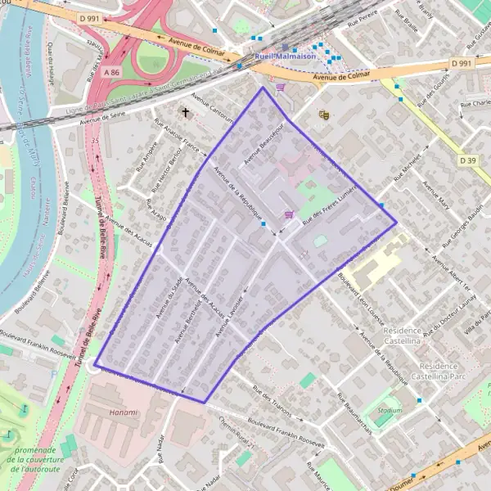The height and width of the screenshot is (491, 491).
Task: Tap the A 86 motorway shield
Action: [x=113, y=72]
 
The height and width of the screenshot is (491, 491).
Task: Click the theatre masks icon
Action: [x=323, y=115]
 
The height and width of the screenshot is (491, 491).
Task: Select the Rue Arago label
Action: [x=156, y=210]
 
